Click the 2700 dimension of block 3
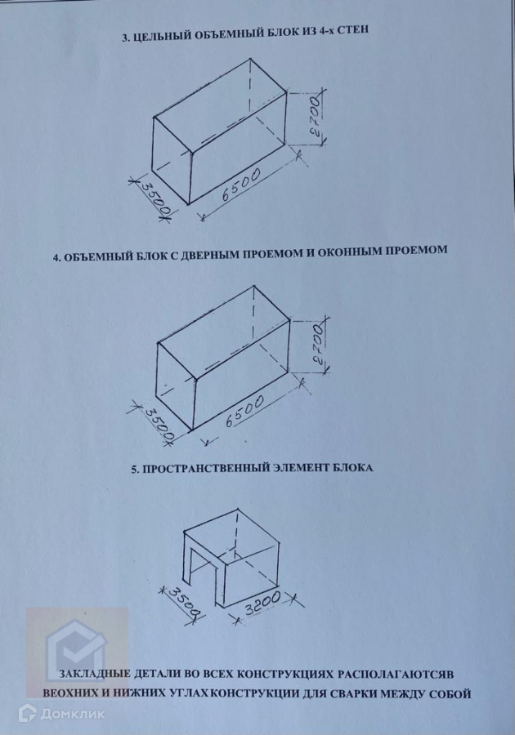click(x=317, y=116)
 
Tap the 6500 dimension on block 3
click(x=240, y=185)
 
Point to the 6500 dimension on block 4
click(x=244, y=411)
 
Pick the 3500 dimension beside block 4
click(x=158, y=425)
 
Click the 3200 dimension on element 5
click(x=262, y=604)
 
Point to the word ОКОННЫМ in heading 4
click(x=349, y=252)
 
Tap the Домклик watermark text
click(x=73, y=714)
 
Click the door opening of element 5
click(x=199, y=569)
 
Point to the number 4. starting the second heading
click(x=56, y=258)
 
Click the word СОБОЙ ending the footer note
click(x=450, y=693)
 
